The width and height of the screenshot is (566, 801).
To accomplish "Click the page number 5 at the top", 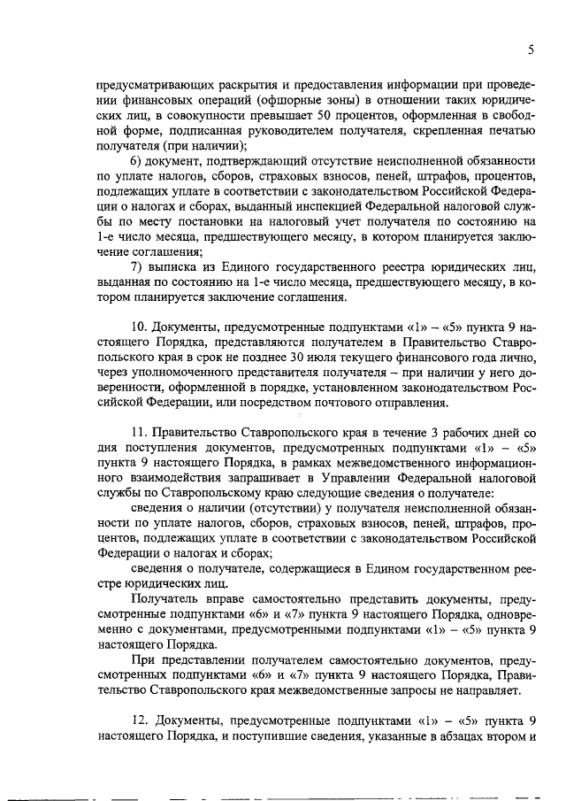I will click(530, 50).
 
